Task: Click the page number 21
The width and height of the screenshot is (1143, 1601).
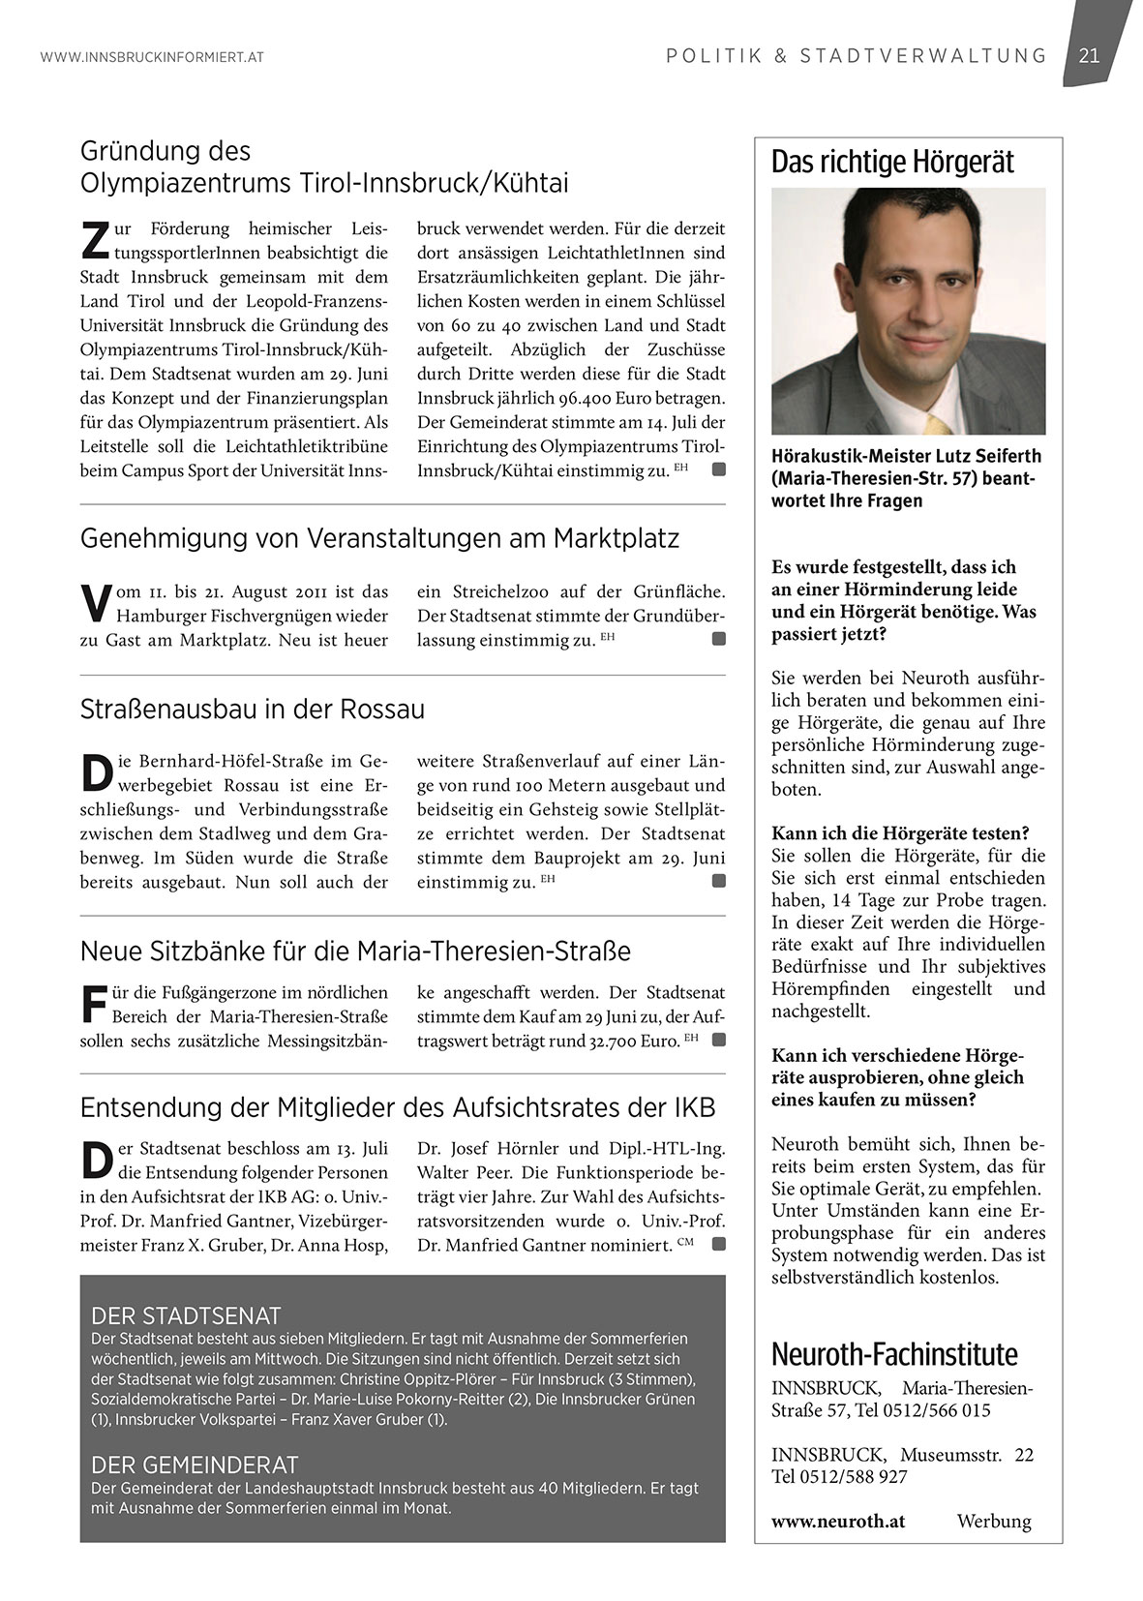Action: point(1089,56)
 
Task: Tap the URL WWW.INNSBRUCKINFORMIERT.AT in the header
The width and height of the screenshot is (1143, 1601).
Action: point(152,57)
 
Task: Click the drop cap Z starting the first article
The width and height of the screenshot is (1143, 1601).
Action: point(95,241)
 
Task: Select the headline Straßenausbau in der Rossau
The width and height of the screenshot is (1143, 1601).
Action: point(253,710)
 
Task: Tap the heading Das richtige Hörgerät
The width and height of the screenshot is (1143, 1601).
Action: point(892,163)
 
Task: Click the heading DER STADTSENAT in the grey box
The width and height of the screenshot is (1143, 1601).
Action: point(186,1315)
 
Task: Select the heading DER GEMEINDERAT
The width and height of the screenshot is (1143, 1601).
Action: point(195,1465)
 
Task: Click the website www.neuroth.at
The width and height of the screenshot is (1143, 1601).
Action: point(838,1521)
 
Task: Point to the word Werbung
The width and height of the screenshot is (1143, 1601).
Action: point(994,1521)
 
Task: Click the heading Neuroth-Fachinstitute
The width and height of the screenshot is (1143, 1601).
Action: point(894,1353)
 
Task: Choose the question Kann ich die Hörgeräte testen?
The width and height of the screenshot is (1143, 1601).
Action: point(900,833)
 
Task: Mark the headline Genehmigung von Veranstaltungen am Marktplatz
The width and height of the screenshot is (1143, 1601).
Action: point(379,538)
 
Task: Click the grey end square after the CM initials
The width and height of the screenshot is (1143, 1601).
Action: point(718,1244)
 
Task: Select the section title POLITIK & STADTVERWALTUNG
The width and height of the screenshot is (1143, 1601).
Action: point(857,56)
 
